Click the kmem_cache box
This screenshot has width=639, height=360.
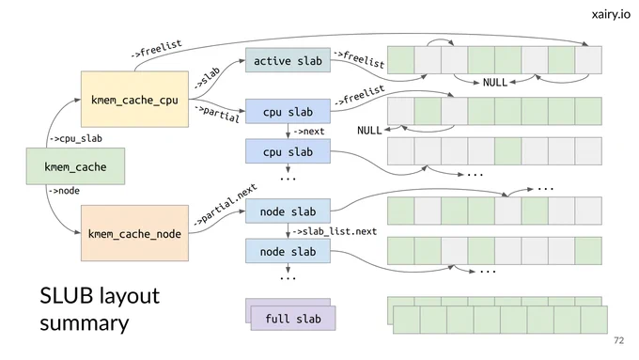75,166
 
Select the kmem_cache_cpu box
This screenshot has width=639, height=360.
134,99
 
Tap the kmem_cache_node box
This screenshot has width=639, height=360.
134,233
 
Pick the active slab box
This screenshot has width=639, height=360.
288,60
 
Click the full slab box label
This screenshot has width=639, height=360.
293,319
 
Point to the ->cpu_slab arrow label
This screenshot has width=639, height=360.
76,138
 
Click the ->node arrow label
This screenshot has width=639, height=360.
64,191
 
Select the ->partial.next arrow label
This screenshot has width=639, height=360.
225,204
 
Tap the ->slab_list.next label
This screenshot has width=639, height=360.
335,231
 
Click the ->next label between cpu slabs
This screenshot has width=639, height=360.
309,132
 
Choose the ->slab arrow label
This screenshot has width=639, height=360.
207,78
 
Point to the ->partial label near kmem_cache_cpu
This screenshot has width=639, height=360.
217,114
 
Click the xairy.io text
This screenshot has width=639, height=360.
611,14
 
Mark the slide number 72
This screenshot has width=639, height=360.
618,340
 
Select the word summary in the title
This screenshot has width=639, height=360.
85,323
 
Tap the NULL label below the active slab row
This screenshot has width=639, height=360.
494,83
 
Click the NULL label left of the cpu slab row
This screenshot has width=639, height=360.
369,131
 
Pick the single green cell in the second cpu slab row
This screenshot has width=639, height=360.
507,151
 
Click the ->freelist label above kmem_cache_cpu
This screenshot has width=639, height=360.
157,49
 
